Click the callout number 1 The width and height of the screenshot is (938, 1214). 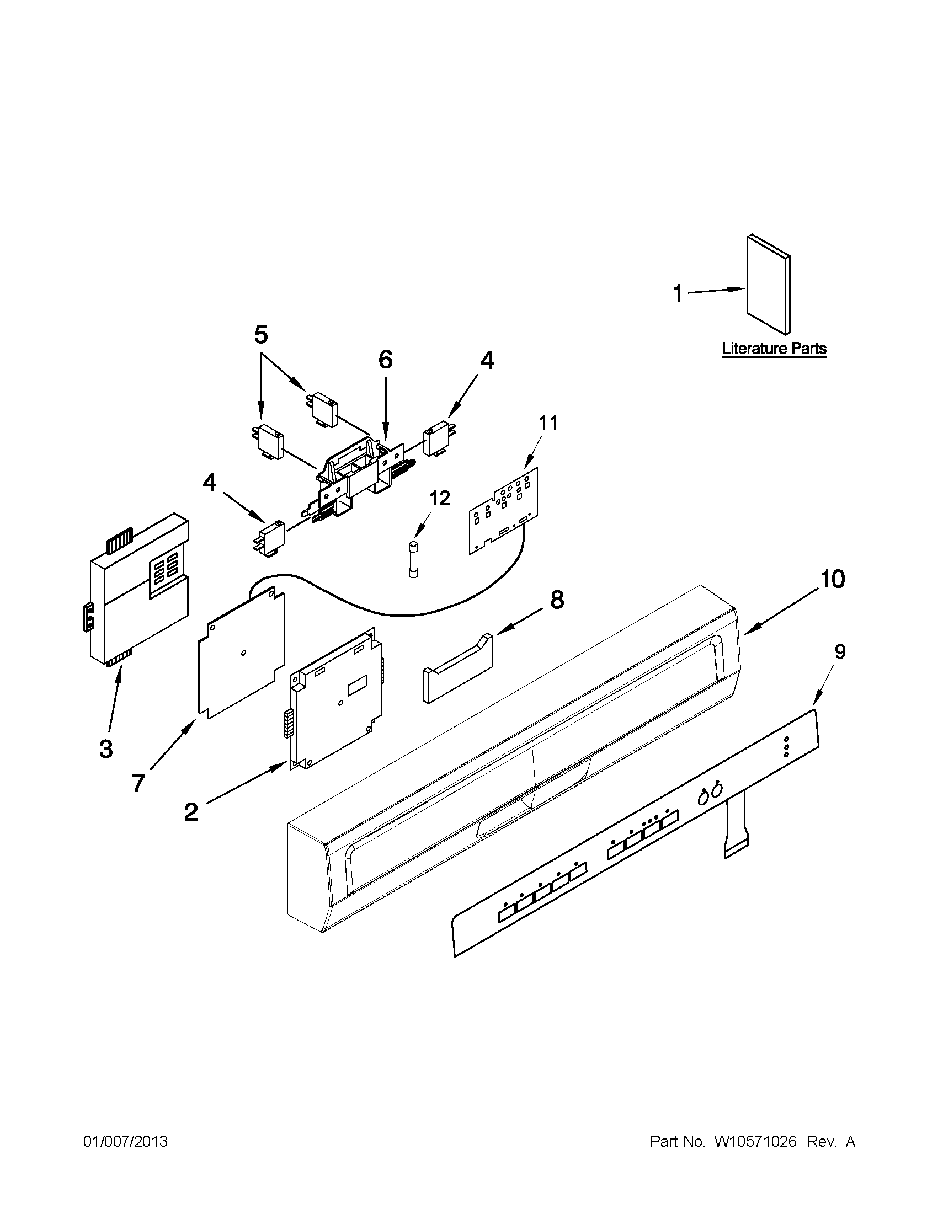coord(677,293)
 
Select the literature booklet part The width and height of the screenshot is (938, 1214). coord(769,284)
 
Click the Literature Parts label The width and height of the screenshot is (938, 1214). coord(774,349)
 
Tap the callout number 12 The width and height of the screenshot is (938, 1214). coord(439,498)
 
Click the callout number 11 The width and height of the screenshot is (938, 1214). coord(548,423)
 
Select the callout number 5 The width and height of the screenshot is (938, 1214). coord(261,335)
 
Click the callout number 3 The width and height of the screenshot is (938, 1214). coord(105,748)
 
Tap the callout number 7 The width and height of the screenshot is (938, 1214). coord(138,783)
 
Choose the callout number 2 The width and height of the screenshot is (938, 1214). coord(191,812)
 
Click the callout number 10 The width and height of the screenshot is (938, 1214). coord(833,579)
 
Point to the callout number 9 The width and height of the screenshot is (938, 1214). coord(840,651)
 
